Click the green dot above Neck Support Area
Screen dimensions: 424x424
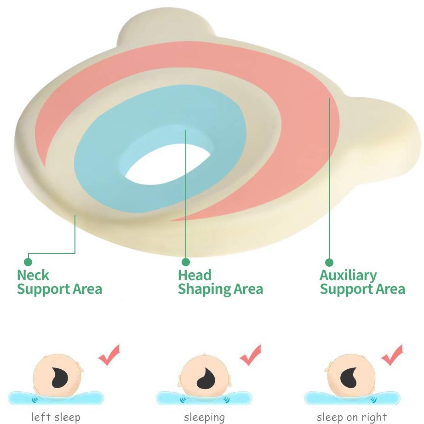point(28,262)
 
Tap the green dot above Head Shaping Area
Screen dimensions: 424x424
point(185,262)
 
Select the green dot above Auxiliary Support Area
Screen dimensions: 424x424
point(329,262)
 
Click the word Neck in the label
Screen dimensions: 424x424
point(33,275)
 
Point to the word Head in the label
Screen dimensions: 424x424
point(195,275)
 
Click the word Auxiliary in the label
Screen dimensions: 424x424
point(348,276)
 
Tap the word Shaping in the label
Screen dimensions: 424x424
point(205,289)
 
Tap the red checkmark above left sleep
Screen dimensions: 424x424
point(109,355)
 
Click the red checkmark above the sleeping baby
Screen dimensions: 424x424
point(251,355)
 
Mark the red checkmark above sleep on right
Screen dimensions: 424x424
point(392,355)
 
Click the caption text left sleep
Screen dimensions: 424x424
point(56,417)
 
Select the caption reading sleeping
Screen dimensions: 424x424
point(205,418)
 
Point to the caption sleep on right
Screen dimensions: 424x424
point(352,417)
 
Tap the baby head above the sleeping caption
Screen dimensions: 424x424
point(205,377)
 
